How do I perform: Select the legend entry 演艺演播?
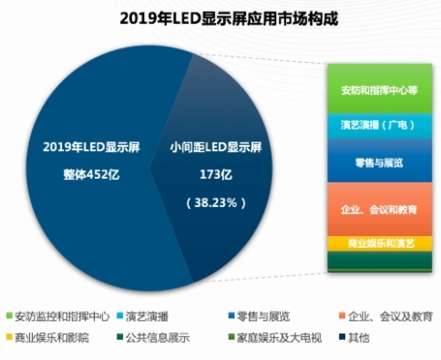[149, 317]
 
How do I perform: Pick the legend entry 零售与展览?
[258, 317]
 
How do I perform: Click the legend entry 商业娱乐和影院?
[51, 338]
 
